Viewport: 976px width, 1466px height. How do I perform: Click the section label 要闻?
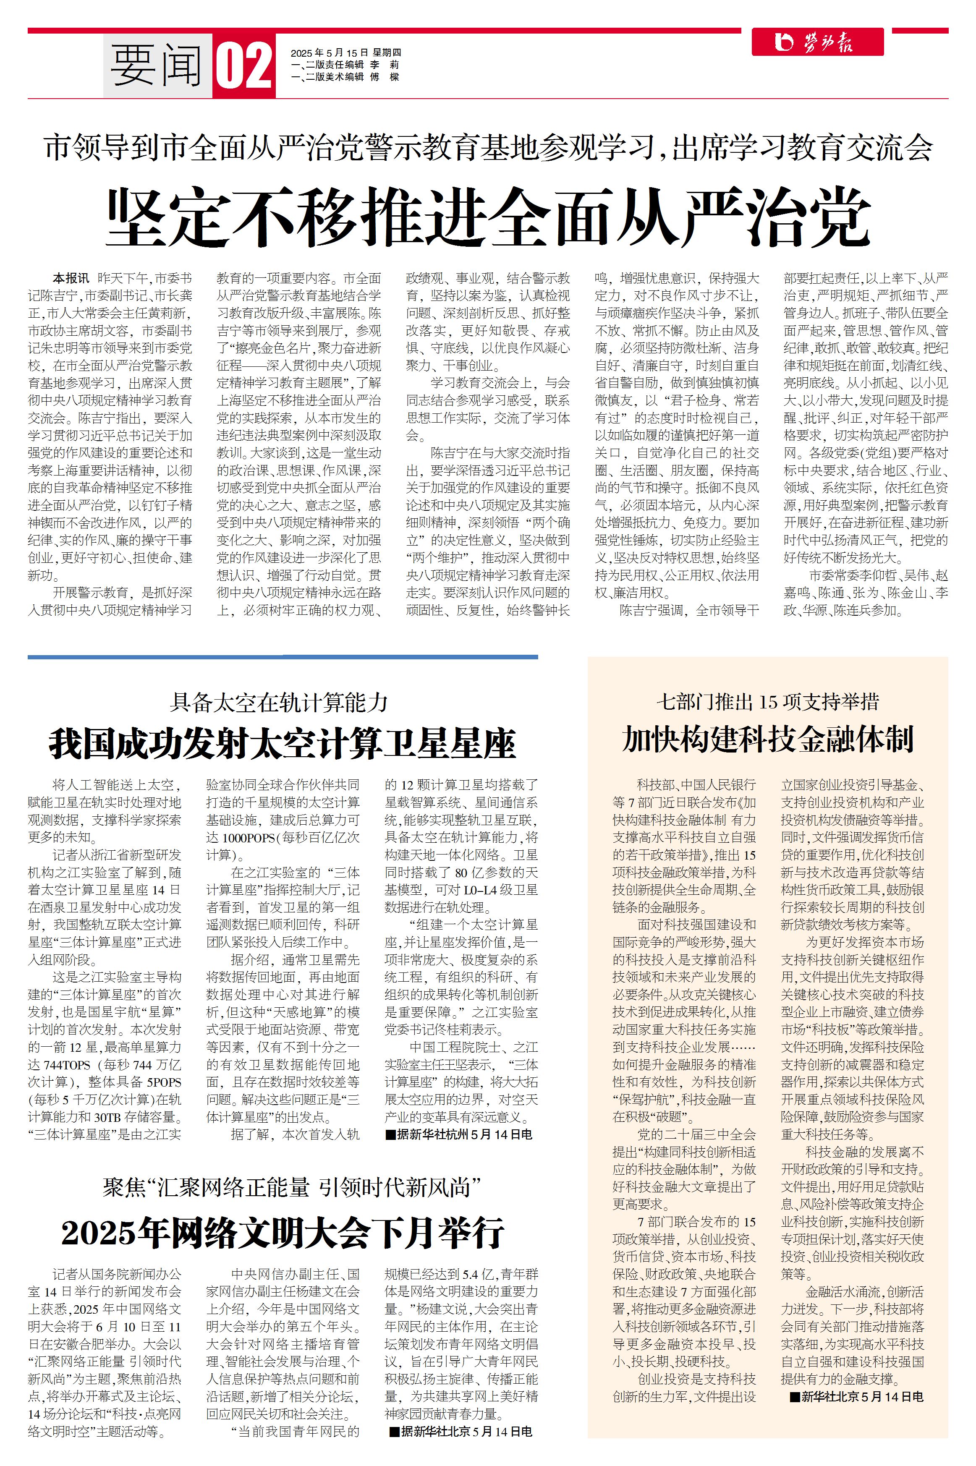click(157, 66)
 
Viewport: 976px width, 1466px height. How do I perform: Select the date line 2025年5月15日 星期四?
click(345, 53)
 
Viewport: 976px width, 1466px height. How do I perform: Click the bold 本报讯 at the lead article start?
click(71, 278)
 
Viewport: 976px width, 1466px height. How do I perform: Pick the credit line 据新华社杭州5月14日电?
click(459, 1134)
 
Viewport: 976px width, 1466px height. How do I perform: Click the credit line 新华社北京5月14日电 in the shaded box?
click(856, 1397)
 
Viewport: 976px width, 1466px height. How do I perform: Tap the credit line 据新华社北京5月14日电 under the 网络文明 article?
click(461, 1432)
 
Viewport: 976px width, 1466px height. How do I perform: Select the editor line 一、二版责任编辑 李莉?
click(345, 65)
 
